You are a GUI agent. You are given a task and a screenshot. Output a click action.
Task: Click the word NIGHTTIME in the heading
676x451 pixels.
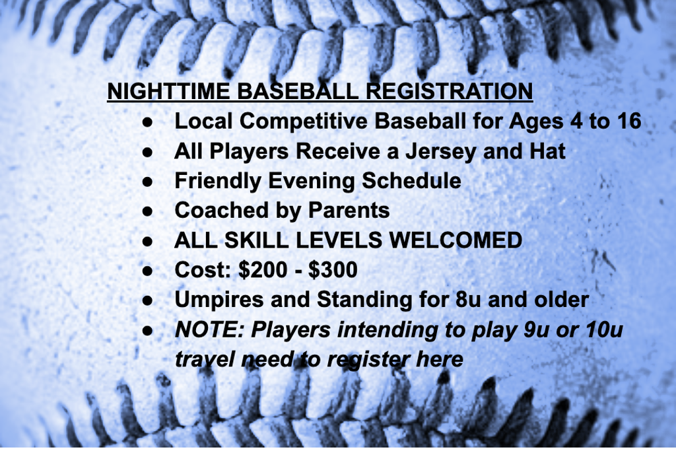click(168, 91)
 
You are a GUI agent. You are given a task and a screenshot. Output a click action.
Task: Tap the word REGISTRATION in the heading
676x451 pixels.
click(449, 91)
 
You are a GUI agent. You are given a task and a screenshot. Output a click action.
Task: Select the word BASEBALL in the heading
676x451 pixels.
click(298, 91)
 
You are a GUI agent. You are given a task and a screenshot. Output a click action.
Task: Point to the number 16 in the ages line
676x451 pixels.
click(629, 121)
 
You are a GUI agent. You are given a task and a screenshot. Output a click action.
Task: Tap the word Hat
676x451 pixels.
click(545, 151)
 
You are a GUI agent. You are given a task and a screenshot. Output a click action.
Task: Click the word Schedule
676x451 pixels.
click(411, 180)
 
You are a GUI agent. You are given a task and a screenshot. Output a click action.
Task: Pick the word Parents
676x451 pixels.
click(349, 211)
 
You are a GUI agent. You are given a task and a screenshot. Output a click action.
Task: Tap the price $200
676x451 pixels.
click(263, 270)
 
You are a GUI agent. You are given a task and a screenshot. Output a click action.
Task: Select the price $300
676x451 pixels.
click(333, 270)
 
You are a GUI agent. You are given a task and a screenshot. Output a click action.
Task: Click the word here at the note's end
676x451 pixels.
click(440, 359)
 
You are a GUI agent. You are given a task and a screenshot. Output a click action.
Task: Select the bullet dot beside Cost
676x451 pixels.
click(147, 271)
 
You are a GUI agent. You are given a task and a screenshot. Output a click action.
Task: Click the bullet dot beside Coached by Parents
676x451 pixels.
click(147, 211)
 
